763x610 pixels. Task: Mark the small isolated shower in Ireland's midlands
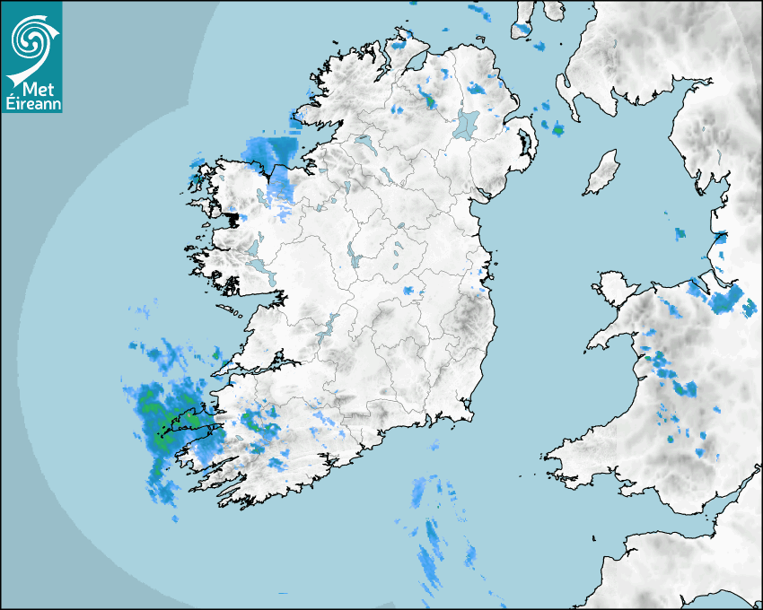click(412, 292)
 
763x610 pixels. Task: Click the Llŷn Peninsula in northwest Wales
click(610, 336)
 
